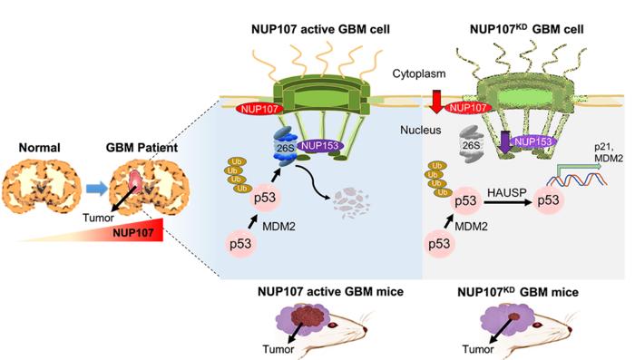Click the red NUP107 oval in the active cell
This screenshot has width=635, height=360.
point(259,109)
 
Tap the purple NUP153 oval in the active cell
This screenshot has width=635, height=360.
point(320,146)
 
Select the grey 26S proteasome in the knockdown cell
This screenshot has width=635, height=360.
point(472,145)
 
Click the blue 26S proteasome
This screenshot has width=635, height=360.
point(286,148)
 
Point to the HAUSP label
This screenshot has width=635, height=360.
point(506,192)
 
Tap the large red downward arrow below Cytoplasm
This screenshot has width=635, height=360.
point(436,102)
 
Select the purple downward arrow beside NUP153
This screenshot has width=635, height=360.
point(504,142)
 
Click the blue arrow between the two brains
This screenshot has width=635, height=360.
point(96,189)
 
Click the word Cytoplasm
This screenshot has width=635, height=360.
point(419,73)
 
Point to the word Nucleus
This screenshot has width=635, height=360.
point(421,130)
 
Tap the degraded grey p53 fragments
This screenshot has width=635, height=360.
point(351,202)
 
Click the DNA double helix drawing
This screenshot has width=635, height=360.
point(577,179)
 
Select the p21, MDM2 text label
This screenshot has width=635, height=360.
point(609,152)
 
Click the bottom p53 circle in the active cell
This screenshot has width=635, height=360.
point(240,244)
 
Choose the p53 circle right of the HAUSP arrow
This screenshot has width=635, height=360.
point(548,200)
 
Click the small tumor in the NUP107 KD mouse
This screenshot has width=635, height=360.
point(514,316)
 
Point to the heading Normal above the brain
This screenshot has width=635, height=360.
point(39,148)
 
